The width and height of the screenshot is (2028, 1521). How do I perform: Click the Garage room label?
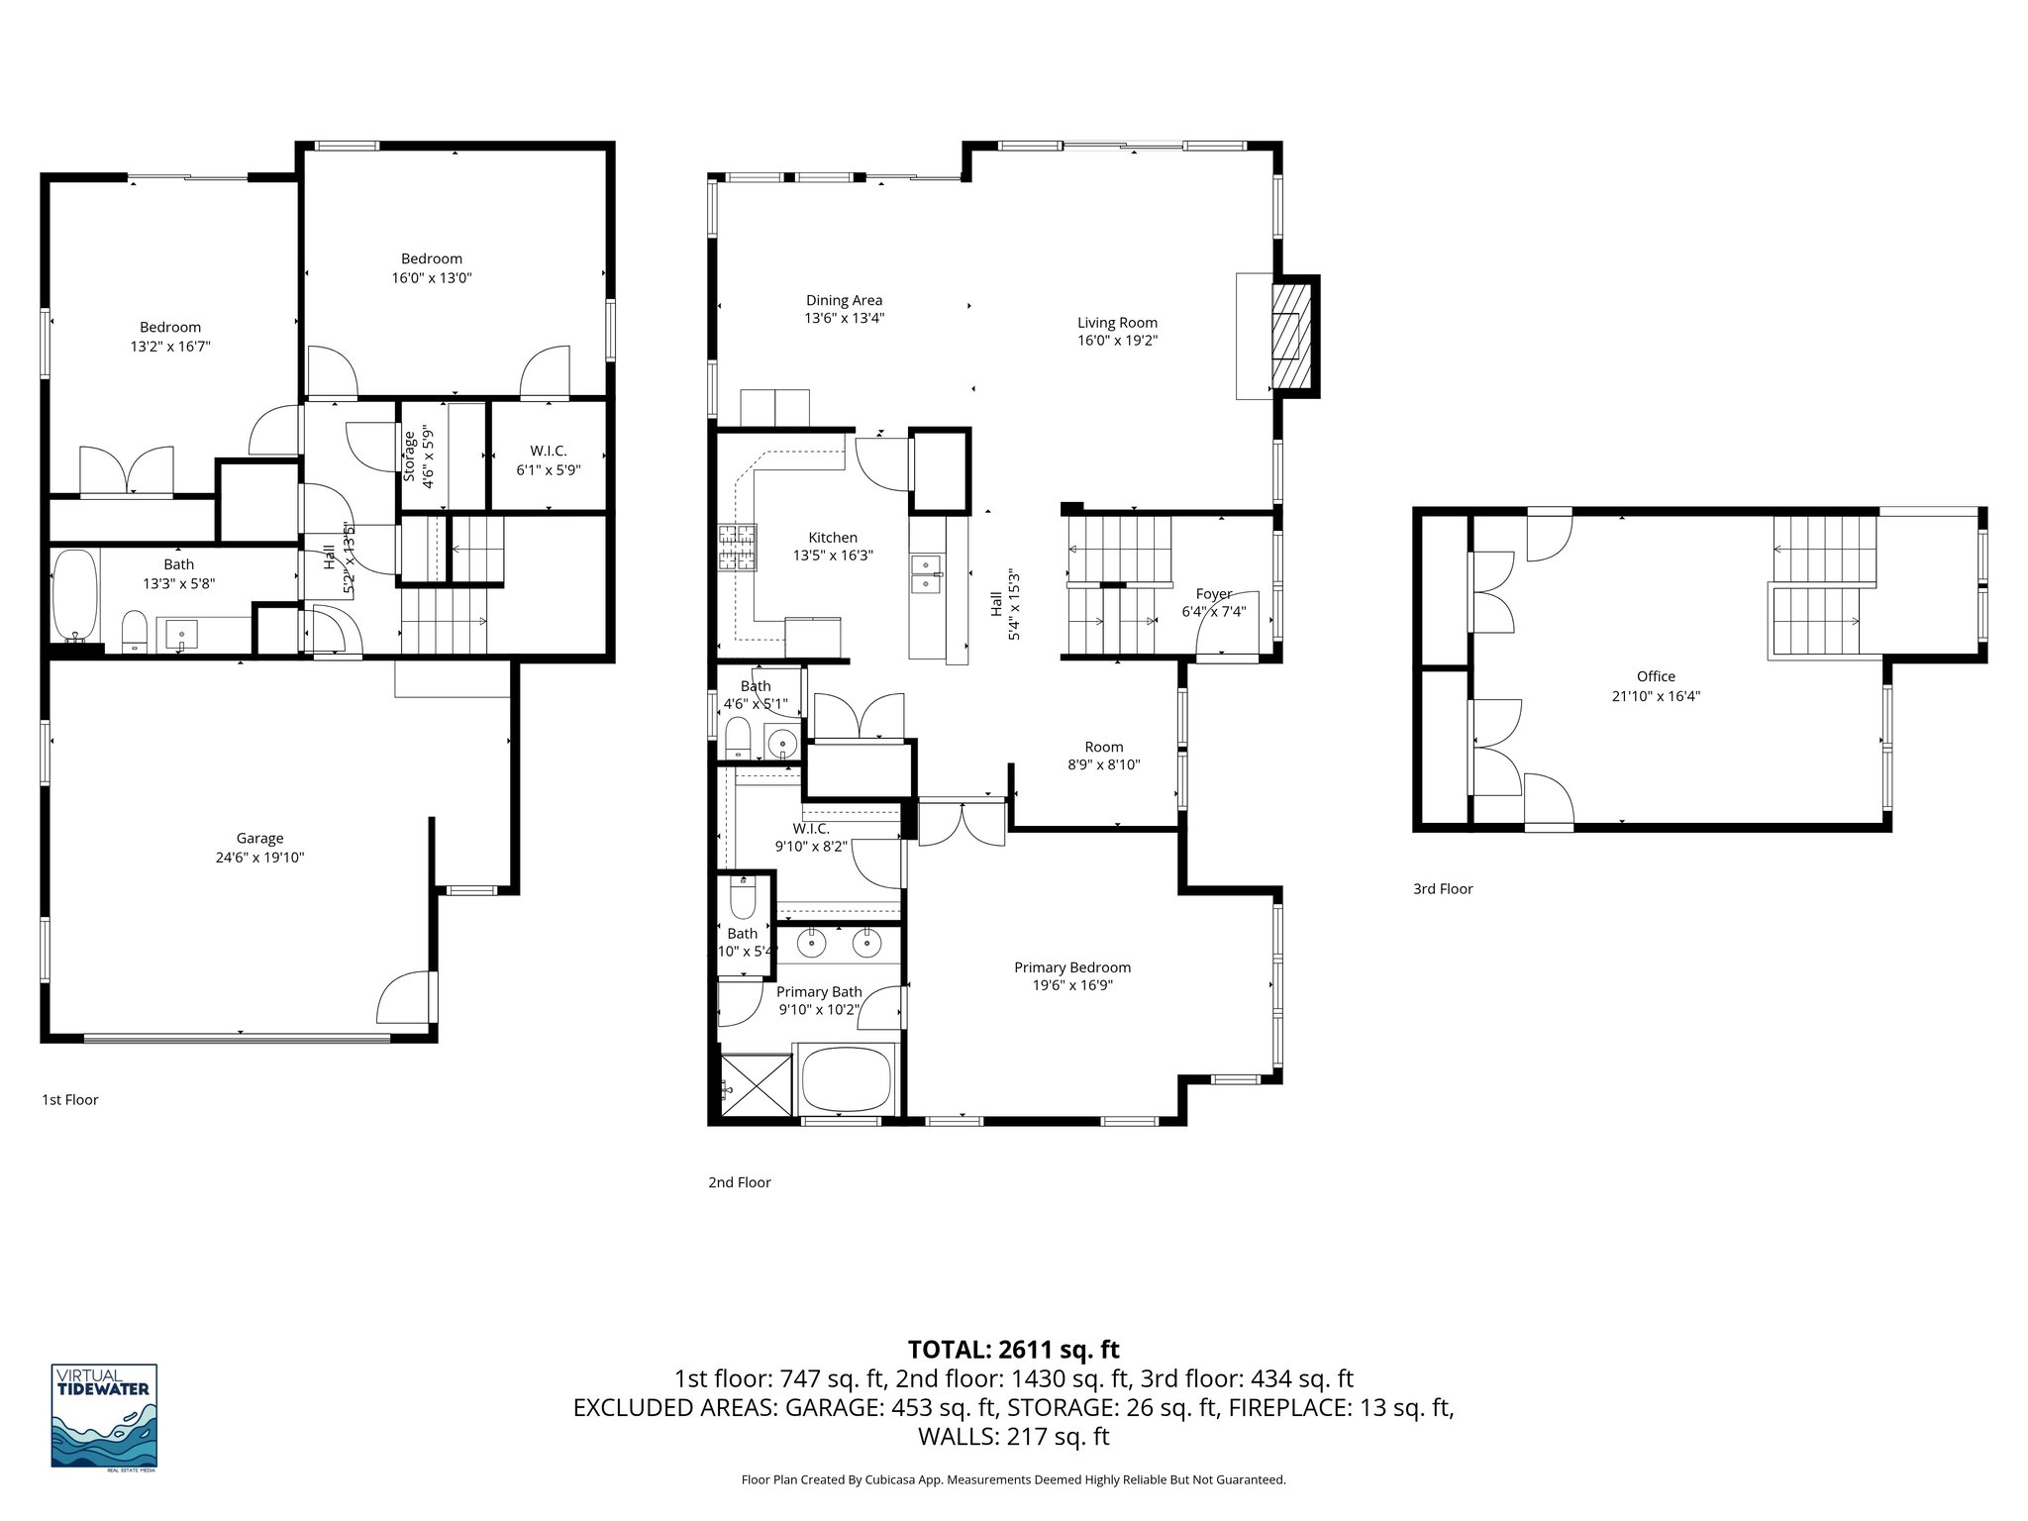259,839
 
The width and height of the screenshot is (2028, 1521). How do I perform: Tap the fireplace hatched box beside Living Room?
1289,337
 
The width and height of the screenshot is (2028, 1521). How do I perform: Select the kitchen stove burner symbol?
737,549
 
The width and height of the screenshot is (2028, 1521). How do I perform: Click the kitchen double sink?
927,574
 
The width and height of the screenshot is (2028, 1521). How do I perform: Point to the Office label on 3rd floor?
1656,676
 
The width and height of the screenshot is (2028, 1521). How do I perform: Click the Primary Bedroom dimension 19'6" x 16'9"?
1071,986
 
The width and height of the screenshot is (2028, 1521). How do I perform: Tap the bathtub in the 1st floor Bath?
75,597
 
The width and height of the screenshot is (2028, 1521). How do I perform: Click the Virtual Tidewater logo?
104,1416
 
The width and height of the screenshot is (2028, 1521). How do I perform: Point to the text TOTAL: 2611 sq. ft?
1013,1350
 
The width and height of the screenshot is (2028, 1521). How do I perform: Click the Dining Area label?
844,301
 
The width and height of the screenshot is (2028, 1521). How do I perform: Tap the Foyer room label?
1214,594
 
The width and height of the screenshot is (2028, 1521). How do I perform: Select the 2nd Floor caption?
739,1182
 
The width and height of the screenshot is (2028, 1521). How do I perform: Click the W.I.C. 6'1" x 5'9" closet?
548,460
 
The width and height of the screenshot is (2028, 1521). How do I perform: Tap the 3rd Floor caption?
1443,889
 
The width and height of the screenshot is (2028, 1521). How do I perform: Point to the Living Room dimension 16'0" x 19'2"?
1117,341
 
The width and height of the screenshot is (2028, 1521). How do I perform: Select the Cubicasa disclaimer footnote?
1013,1479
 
